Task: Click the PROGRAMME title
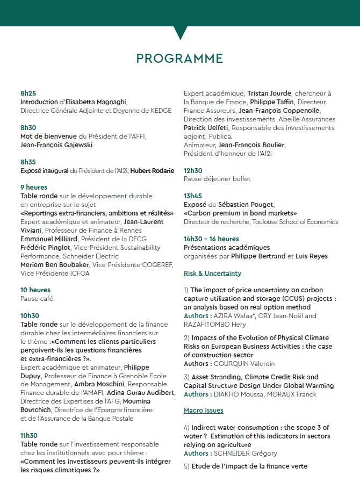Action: coord(179,58)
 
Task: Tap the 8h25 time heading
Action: coord(28,93)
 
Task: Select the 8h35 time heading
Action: coord(28,162)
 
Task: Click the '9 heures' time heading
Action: coord(34,188)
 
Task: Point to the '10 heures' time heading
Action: coord(35,290)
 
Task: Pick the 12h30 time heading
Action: coord(193,170)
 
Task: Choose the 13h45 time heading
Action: coord(193,196)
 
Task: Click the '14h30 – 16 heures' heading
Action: coord(211,239)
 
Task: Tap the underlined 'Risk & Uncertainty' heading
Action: coord(212,273)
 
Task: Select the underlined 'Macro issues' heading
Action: coord(204,411)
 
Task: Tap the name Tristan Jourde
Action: coord(269,93)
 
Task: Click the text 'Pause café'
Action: coord(37,299)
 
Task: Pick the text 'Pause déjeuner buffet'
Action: coord(217,179)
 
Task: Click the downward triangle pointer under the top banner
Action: coord(181,33)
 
